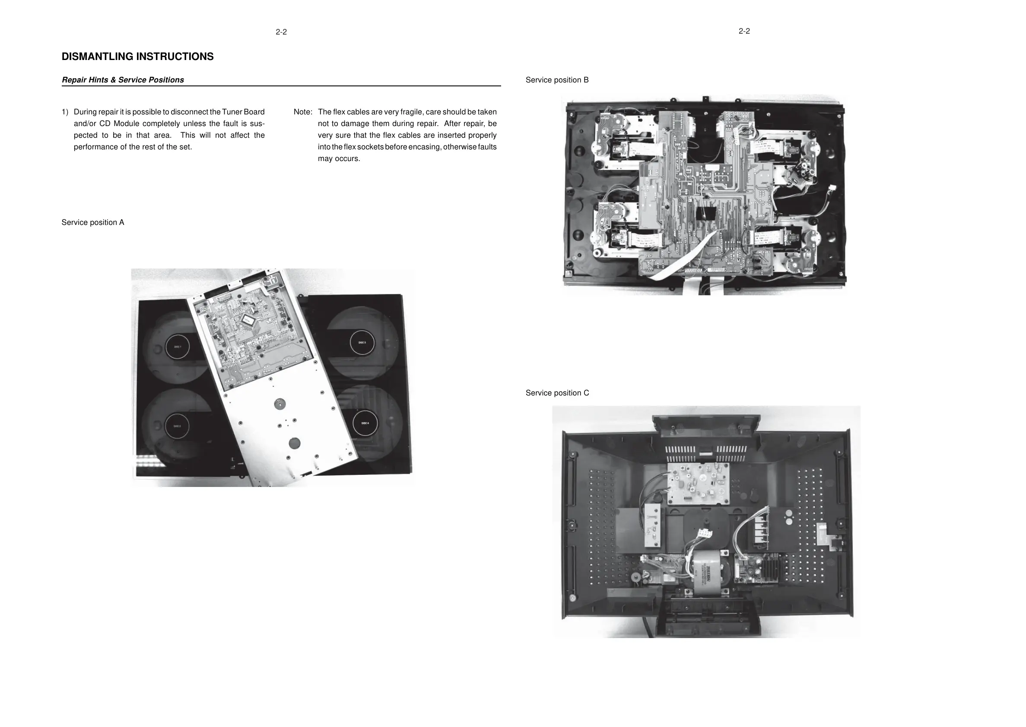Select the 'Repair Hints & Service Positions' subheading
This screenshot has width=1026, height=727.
pyautogui.click(x=123, y=80)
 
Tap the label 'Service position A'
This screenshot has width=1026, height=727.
pyautogui.click(x=93, y=222)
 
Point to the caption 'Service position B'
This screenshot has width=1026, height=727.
pyautogui.click(x=557, y=80)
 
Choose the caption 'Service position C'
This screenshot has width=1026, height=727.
pyautogui.click(x=557, y=392)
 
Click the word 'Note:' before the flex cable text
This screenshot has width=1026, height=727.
pyautogui.click(x=303, y=112)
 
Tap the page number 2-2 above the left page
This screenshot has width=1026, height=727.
pyautogui.click(x=281, y=32)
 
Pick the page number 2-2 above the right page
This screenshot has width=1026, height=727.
pyautogui.click(x=744, y=31)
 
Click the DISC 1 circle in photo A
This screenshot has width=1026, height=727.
pyautogui.click(x=178, y=347)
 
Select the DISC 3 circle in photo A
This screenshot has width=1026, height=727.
pyautogui.click(x=362, y=342)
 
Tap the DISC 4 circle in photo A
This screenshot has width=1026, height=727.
pyautogui.click(x=365, y=423)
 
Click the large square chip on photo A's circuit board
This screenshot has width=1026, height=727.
pyautogui.click(x=247, y=319)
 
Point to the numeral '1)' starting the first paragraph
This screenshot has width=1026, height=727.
pyautogui.click(x=65, y=112)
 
